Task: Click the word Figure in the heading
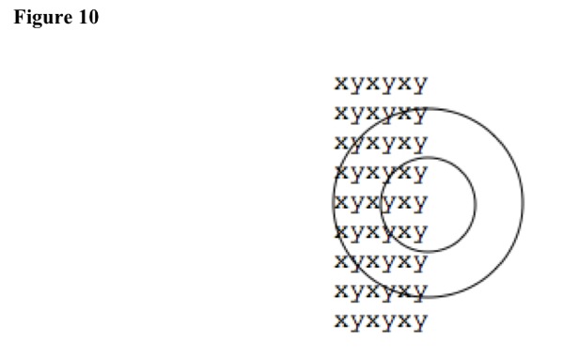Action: click(42, 18)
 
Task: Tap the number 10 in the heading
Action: click(87, 17)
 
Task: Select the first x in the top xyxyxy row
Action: click(342, 84)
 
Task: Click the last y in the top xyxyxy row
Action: click(420, 86)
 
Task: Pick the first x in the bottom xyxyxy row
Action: click(342, 321)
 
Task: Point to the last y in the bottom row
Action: click(420, 322)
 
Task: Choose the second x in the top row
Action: click(373, 84)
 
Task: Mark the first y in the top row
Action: click(357, 86)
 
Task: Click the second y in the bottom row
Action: click(388, 322)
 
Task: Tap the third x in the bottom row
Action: click(404, 321)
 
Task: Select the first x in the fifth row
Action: click(342, 202)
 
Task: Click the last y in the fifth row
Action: click(420, 204)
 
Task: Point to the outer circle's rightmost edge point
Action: click(524, 203)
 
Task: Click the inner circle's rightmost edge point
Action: click(476, 204)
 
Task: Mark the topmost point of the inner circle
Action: click(428, 157)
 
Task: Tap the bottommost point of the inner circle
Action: click(428, 251)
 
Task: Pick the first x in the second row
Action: click(342, 113)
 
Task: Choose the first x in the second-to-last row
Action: click(342, 290)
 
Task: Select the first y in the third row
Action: click(357, 145)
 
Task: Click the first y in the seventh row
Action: click(357, 263)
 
